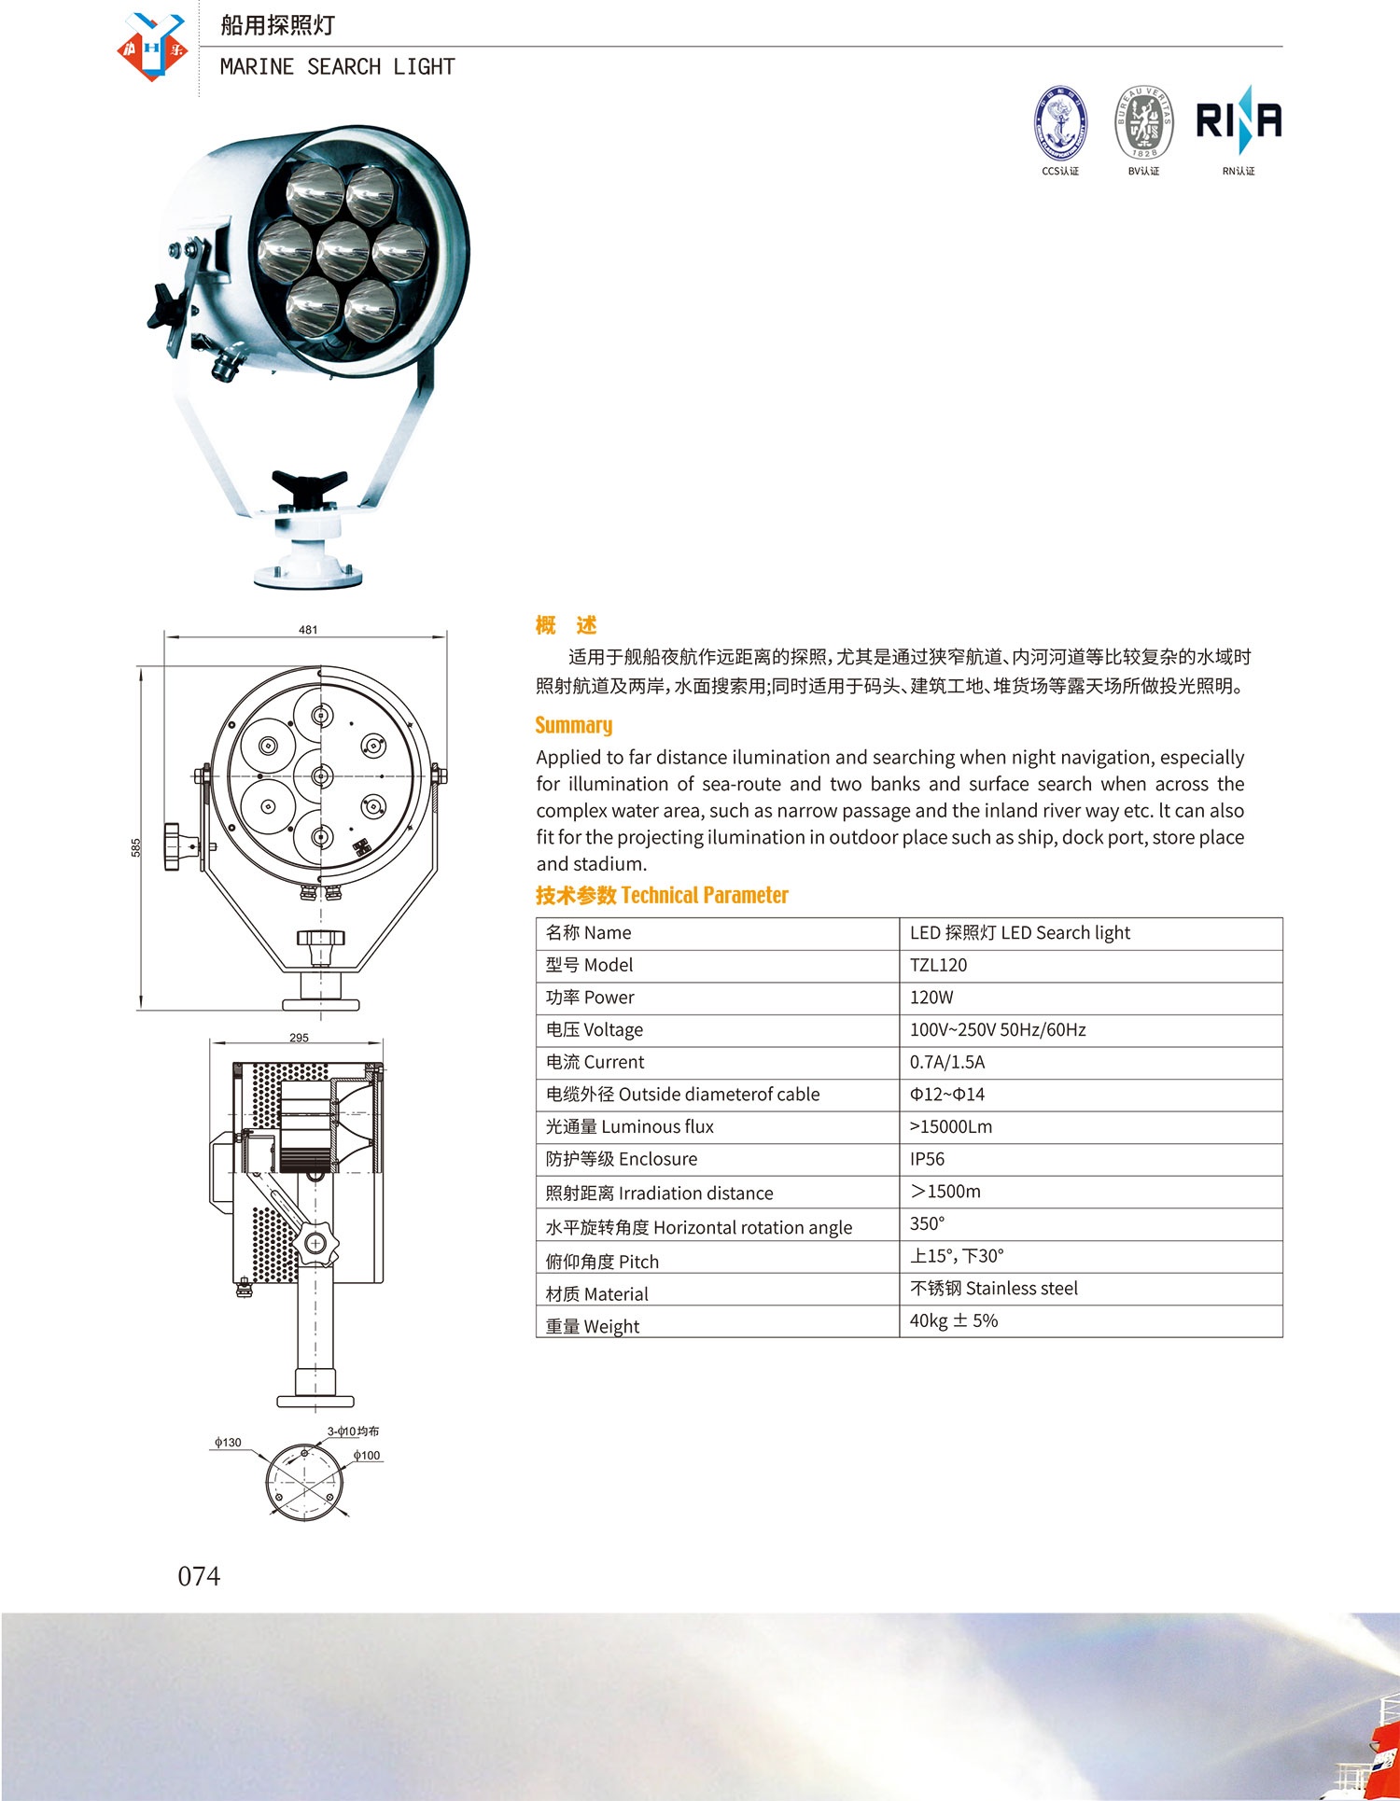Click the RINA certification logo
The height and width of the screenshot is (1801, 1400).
(x=1239, y=121)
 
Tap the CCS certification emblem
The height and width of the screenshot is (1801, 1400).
(x=1060, y=123)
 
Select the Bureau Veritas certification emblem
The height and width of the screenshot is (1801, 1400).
(x=1143, y=123)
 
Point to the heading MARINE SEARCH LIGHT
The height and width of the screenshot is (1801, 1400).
(x=337, y=67)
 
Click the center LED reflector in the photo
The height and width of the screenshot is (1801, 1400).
(x=343, y=251)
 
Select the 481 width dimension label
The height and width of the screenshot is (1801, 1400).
(x=308, y=630)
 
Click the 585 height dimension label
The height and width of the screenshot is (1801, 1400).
(x=136, y=847)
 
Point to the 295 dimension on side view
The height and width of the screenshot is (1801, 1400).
(x=299, y=1038)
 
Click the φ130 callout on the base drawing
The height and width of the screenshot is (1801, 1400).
(x=228, y=1443)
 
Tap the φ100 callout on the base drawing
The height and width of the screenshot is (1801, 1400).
(x=367, y=1456)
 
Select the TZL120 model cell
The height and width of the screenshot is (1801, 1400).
(x=938, y=965)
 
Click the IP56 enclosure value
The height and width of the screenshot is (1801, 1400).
(x=927, y=1159)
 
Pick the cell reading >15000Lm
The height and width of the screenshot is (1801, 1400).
(x=950, y=1126)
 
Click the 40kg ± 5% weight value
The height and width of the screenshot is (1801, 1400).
(x=953, y=1320)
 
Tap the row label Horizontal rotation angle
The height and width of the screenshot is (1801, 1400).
(x=698, y=1227)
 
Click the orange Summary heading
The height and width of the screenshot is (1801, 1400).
(x=573, y=725)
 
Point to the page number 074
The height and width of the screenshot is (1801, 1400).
(x=199, y=1576)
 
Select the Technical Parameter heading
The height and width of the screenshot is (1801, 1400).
(x=662, y=895)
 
